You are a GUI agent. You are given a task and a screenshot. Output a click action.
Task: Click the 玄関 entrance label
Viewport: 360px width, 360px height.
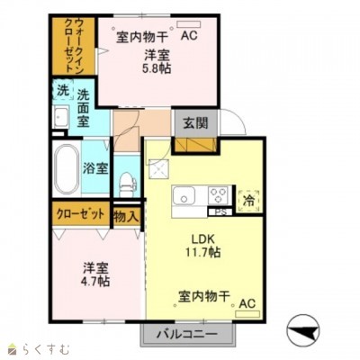click(x=196, y=123)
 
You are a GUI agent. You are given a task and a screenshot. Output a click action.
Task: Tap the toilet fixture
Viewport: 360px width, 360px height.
click(x=127, y=184)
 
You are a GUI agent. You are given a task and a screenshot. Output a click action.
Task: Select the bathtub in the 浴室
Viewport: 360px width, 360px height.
click(x=67, y=169)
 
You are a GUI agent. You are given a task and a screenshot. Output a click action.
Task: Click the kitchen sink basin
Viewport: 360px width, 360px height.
click(x=184, y=196)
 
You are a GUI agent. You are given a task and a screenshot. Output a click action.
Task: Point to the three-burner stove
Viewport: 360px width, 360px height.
click(x=220, y=195)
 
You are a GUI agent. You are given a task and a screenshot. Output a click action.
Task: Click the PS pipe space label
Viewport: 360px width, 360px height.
click(x=220, y=211)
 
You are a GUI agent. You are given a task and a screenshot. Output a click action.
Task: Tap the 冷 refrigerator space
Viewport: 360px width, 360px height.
click(x=249, y=201)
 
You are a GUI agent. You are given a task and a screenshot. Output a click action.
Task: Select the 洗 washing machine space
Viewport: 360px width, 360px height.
click(x=62, y=90)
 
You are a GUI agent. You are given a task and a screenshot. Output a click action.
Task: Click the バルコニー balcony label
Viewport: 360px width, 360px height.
click(x=187, y=334)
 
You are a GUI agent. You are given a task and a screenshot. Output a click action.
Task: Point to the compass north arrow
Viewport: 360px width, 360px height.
click(x=303, y=330)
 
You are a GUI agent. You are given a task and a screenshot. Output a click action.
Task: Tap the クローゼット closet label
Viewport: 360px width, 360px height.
click(x=80, y=214)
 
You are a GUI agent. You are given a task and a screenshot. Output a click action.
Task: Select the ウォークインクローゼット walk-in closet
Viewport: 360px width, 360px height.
click(x=74, y=46)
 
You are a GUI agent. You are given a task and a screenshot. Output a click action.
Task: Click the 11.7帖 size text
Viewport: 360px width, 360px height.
click(x=202, y=252)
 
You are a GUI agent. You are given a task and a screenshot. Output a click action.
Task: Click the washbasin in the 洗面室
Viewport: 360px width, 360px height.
click(x=61, y=117)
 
